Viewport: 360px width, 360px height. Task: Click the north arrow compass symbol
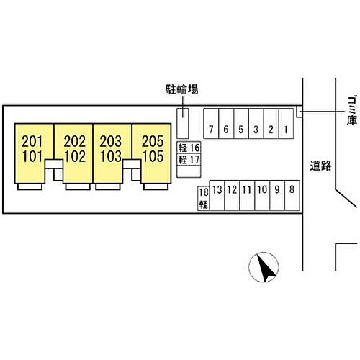(264, 267)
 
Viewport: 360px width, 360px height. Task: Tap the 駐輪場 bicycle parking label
(182, 89)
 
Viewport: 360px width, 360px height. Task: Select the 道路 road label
(321, 166)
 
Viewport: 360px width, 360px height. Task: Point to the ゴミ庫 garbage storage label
(352, 111)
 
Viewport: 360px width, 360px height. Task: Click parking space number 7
(211, 124)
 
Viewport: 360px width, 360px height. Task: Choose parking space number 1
(286, 124)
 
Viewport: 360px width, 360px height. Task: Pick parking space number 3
(256, 124)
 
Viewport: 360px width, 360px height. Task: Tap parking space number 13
(217, 196)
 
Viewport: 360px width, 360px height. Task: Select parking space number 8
(292, 196)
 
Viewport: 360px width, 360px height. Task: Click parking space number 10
(262, 196)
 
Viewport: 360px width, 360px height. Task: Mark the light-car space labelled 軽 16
(189, 148)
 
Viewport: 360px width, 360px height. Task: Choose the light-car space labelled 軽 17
(189, 159)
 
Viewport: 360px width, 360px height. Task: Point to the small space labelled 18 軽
(204, 199)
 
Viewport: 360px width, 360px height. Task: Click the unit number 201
(32, 141)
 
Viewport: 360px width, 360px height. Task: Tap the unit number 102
(75, 156)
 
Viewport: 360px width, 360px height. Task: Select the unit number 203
(111, 141)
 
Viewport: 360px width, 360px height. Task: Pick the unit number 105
(153, 156)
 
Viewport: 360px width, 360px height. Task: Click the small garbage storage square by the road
(300, 112)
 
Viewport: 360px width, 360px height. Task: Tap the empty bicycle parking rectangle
(183, 124)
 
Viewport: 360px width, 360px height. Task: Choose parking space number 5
(241, 124)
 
